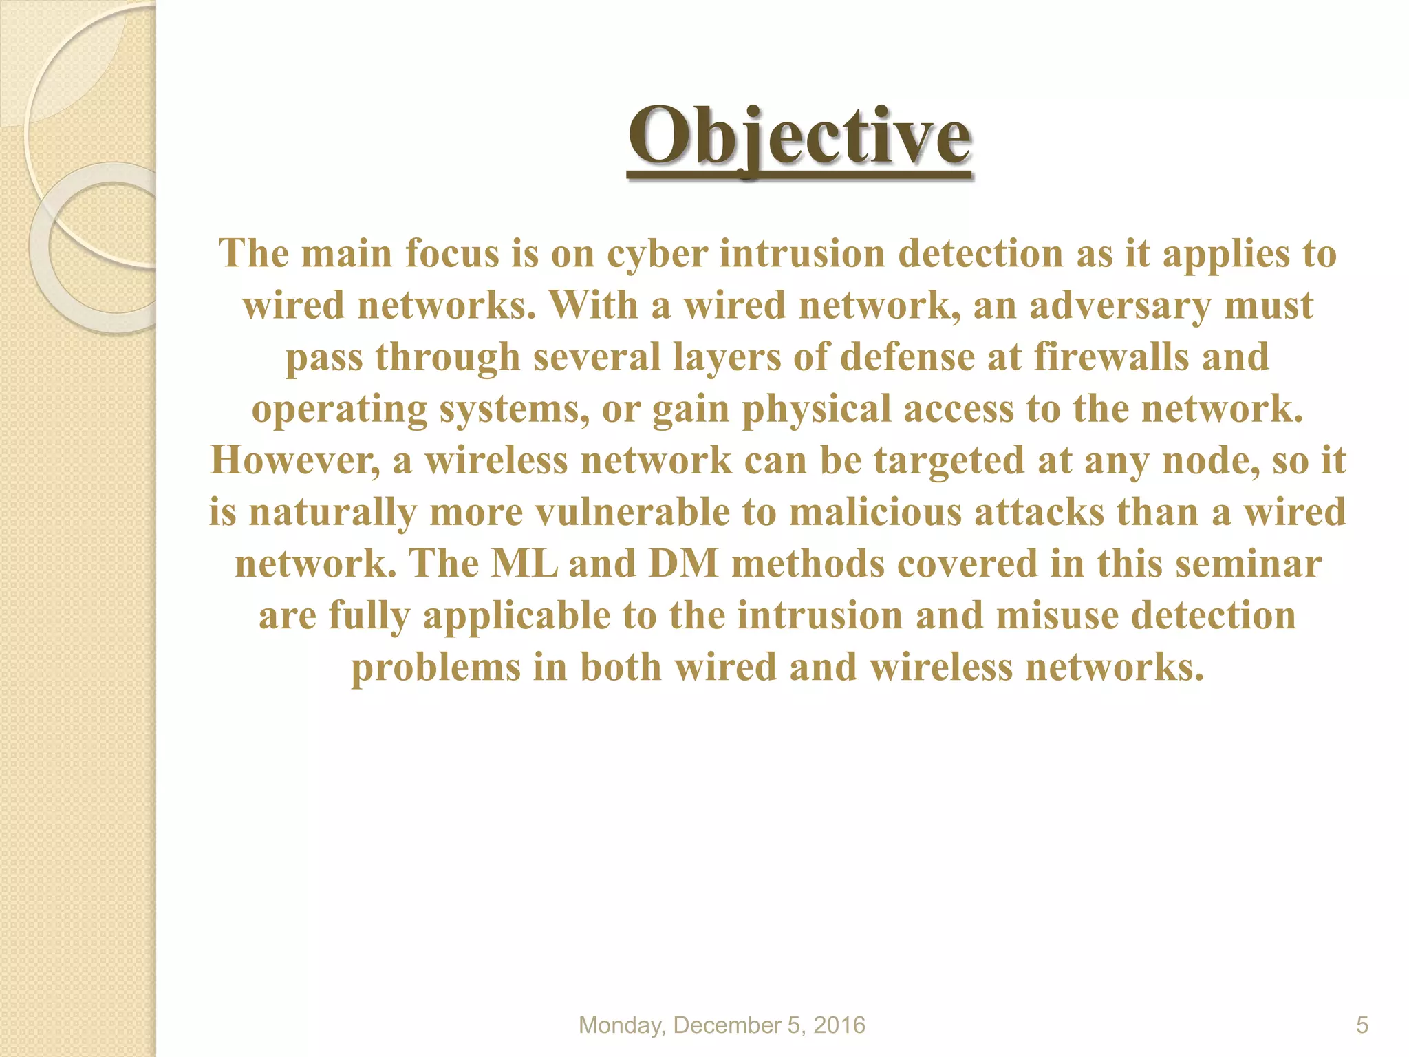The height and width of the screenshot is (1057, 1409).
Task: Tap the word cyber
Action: pyautogui.click(x=657, y=253)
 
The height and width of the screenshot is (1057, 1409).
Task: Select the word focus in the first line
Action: pyautogui.click(x=451, y=253)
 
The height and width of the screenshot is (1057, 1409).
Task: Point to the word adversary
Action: pyautogui.click(x=1120, y=305)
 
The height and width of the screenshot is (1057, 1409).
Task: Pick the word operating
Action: pyautogui.click(x=339, y=409)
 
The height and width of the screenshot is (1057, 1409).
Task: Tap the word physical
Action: pyautogui.click(x=816, y=409)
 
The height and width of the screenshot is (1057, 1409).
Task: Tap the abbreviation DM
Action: pyautogui.click(x=683, y=564)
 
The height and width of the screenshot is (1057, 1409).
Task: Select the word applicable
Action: pyautogui.click(x=516, y=616)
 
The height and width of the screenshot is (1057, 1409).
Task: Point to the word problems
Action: pyautogui.click(x=436, y=668)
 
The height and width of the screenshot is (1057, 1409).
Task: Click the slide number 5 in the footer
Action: pyautogui.click(x=1362, y=1025)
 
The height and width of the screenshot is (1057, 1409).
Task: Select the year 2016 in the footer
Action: pyautogui.click(x=839, y=1025)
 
